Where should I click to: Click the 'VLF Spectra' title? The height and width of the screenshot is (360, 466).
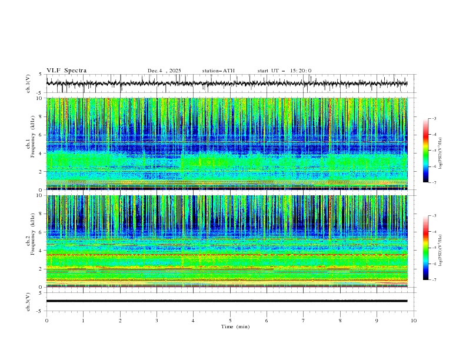click(66, 71)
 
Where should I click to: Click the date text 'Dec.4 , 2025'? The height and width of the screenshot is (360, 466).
click(164, 71)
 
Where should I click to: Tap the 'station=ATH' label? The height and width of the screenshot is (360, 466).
click(218, 71)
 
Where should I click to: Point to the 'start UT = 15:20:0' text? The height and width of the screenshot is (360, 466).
click(284, 71)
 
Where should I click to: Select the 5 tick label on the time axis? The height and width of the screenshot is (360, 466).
click(230, 320)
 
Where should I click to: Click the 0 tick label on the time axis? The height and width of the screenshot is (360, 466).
click(46, 320)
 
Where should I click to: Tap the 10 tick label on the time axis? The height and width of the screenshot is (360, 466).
click(414, 320)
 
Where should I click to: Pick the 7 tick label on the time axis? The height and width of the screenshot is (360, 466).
click(304, 320)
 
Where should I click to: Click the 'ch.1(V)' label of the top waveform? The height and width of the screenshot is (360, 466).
click(29, 84)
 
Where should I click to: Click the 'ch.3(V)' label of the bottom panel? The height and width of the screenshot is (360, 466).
click(29, 301)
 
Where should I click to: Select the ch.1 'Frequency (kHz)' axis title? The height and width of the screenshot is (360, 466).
click(29, 144)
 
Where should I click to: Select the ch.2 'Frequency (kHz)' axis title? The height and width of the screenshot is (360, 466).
click(29, 241)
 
